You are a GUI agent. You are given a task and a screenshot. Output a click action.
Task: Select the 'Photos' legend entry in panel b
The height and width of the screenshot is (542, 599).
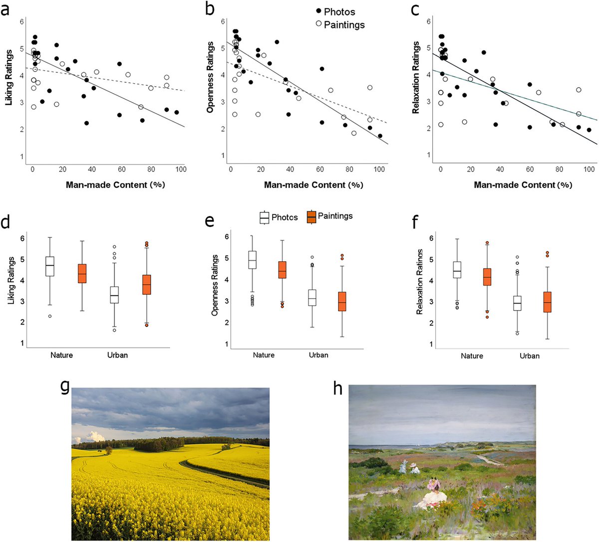tap(339, 11)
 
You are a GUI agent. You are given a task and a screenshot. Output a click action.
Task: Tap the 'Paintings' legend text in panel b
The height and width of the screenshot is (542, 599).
tap(344, 24)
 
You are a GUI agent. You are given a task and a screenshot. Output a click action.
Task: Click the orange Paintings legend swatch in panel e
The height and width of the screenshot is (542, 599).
tap(311, 217)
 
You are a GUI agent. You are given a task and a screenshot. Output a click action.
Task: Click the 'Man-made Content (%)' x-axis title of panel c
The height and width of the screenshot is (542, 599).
tap(523, 185)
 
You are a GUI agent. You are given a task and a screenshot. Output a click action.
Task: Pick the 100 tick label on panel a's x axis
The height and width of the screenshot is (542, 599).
tap(181, 169)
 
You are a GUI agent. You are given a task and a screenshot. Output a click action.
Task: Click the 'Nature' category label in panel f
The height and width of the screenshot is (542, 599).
tap(472, 356)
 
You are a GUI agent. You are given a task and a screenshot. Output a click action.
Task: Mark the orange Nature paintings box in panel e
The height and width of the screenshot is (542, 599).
tap(283, 270)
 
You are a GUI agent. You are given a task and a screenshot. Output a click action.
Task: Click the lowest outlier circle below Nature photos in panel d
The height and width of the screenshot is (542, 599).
tap(50, 316)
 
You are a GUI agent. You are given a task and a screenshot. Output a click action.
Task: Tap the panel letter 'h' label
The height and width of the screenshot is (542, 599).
tap(338, 388)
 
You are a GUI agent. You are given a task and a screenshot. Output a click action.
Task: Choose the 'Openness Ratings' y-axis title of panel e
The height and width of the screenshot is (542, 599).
tap(215, 285)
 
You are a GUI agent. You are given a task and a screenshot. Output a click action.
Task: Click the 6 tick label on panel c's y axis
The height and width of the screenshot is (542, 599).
tap(429, 21)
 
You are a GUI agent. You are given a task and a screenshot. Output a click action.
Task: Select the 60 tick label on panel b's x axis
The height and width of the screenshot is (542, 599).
tap(319, 169)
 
